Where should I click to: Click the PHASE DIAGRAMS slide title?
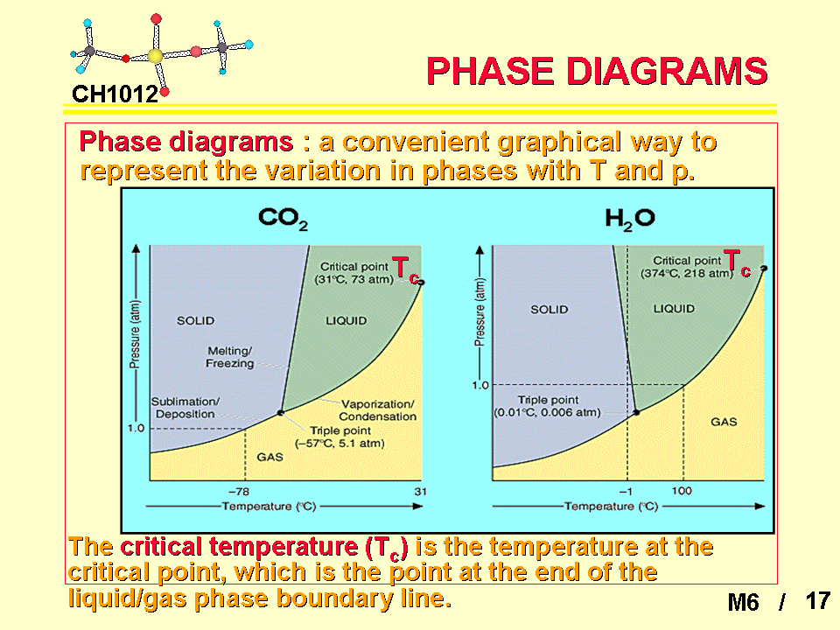coord(597,71)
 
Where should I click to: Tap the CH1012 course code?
coord(115,94)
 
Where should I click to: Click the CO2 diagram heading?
coord(283,219)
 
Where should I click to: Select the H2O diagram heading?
coord(629,219)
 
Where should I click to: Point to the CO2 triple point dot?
coord(280,412)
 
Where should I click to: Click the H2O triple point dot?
coord(636,412)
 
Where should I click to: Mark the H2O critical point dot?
coord(764,268)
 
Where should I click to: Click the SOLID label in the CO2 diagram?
coord(195,320)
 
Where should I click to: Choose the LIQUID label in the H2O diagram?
coord(674,309)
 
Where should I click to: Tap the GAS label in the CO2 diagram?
coord(269,457)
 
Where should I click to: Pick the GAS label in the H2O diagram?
coord(724,422)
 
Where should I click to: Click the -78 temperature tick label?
coord(239,491)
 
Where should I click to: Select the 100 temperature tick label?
coord(682,490)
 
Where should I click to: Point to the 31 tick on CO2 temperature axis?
coord(421,491)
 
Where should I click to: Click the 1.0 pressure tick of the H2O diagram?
coord(480,385)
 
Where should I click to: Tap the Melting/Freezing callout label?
coord(230,357)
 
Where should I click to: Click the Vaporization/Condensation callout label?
coord(378,409)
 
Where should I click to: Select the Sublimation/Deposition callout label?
coord(185,407)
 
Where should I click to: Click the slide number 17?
coord(817,600)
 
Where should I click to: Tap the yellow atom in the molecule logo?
coord(155,56)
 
